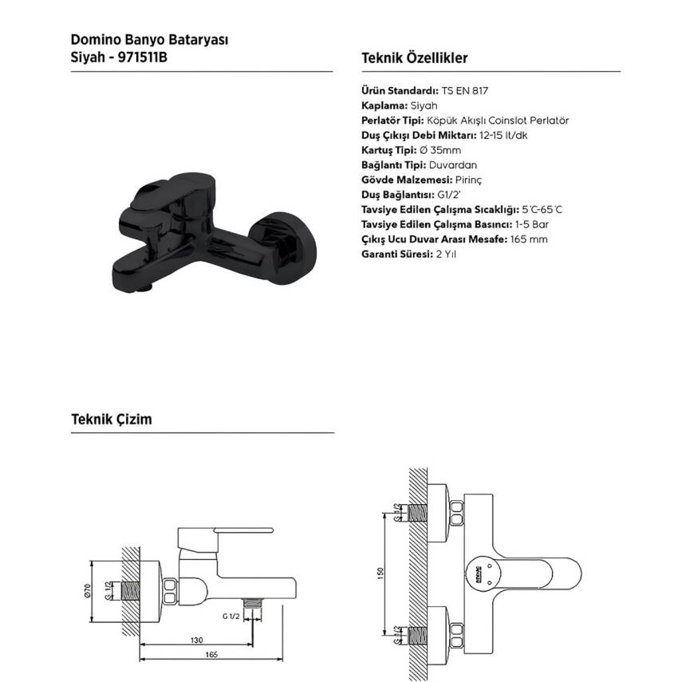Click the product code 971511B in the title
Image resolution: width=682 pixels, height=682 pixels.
(143, 57)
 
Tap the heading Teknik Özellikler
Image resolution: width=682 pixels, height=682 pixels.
(415, 58)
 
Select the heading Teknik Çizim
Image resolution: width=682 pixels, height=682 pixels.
(112, 420)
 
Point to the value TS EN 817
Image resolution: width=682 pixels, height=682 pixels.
(464, 91)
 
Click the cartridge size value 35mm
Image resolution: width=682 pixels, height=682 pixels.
(445, 151)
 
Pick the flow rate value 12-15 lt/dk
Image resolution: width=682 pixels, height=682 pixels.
(503, 136)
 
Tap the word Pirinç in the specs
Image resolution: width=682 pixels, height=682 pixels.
(468, 180)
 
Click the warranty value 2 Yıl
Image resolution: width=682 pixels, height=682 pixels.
(446, 254)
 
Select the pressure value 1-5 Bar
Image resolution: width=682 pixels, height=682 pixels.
(531, 224)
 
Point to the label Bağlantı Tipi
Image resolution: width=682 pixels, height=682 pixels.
(393, 165)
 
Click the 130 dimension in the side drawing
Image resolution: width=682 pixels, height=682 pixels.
(196, 640)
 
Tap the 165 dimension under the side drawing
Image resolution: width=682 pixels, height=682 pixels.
(211, 654)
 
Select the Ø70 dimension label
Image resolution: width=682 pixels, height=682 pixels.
(88, 591)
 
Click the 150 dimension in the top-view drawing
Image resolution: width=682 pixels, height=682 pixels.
(381, 574)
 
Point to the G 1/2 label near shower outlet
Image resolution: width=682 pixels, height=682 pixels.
(231, 617)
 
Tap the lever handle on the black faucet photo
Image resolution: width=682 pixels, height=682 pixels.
(174, 191)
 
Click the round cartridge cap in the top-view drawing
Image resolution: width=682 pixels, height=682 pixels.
(483, 574)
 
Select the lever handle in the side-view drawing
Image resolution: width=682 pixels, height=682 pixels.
(242, 530)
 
